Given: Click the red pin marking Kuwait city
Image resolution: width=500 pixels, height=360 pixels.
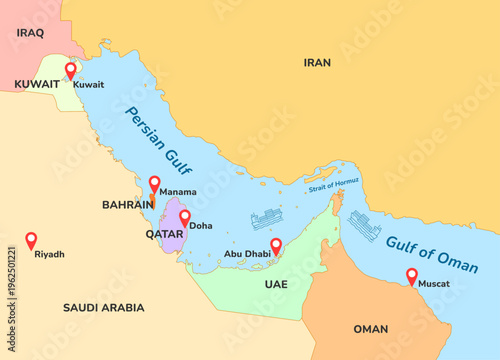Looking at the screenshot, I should (x=70, y=70).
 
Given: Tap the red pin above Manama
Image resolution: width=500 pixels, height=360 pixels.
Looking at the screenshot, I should (x=155, y=184).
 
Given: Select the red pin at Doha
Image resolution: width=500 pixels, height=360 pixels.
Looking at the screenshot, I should (x=185, y=217).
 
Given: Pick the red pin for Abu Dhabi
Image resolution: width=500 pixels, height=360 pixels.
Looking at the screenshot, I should (x=276, y=244).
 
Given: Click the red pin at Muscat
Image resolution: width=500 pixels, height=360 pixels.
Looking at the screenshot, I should (x=412, y=275).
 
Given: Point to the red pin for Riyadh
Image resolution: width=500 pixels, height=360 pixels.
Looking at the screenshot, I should (x=31, y=240).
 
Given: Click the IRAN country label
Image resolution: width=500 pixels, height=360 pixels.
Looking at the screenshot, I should (x=317, y=62).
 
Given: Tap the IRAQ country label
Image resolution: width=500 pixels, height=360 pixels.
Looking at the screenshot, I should (x=31, y=32).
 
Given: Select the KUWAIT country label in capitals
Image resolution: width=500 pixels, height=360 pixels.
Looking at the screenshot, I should (x=37, y=85).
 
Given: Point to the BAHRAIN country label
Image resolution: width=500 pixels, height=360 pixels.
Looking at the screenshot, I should (x=128, y=204).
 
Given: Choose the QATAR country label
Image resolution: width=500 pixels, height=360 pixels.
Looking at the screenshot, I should (x=164, y=234).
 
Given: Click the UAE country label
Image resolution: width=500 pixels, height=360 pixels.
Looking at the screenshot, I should (x=276, y=285).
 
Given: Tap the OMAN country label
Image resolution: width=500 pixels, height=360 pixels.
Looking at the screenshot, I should (x=370, y=329).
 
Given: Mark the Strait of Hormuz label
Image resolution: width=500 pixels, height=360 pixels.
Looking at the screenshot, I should (x=334, y=185).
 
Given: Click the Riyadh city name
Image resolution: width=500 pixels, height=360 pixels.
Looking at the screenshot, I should (x=49, y=254).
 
